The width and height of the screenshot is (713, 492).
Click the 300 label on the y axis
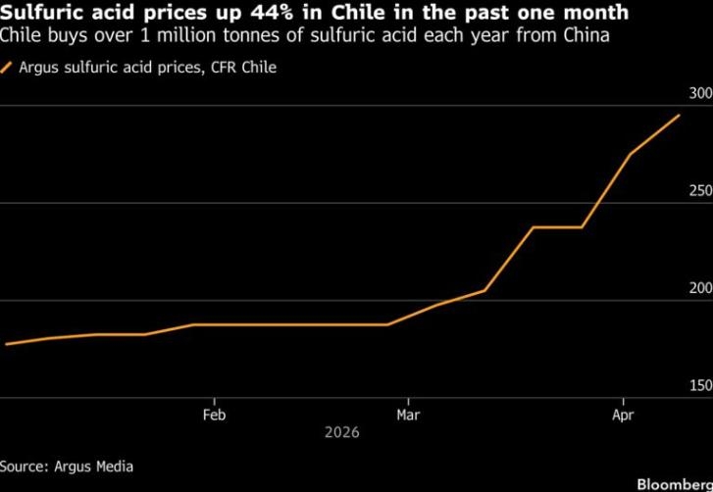click(700, 94)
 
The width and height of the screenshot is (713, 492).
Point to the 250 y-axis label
click(700, 191)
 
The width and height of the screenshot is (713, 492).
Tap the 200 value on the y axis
click(700, 289)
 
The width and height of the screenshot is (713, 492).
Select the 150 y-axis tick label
click(700, 386)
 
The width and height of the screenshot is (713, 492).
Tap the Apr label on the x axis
click(623, 415)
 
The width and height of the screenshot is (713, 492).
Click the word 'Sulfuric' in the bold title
click(36, 14)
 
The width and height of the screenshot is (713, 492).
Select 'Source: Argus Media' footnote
click(67, 467)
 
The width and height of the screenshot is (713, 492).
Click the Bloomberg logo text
click(674, 484)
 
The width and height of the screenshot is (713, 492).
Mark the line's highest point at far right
click(680, 116)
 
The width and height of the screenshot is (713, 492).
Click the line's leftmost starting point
click(6, 344)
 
